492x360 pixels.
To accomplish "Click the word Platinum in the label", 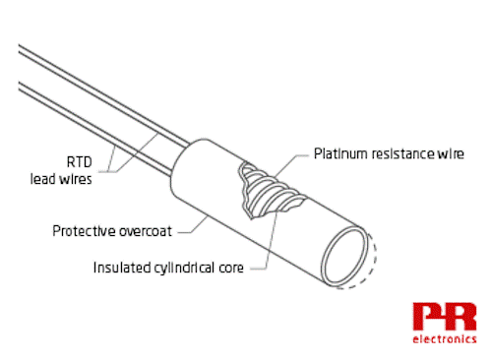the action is pos(341,153).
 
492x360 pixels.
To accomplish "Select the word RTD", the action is pos(80,162).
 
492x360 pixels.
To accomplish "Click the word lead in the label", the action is pos(43,179).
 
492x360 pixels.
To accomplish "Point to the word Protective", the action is pos(85,231).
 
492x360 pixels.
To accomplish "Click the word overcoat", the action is pos(146,231).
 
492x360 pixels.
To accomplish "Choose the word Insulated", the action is pos(122,268).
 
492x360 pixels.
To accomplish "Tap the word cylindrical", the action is pos(184,269).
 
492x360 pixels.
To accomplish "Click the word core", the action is pos(231,269).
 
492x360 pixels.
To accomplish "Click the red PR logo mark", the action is pos(445,316).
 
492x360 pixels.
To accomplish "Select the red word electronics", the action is pos(445,338).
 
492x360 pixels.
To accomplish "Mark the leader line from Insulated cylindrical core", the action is pos(271,243).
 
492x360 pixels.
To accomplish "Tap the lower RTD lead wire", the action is pos(95,130).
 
